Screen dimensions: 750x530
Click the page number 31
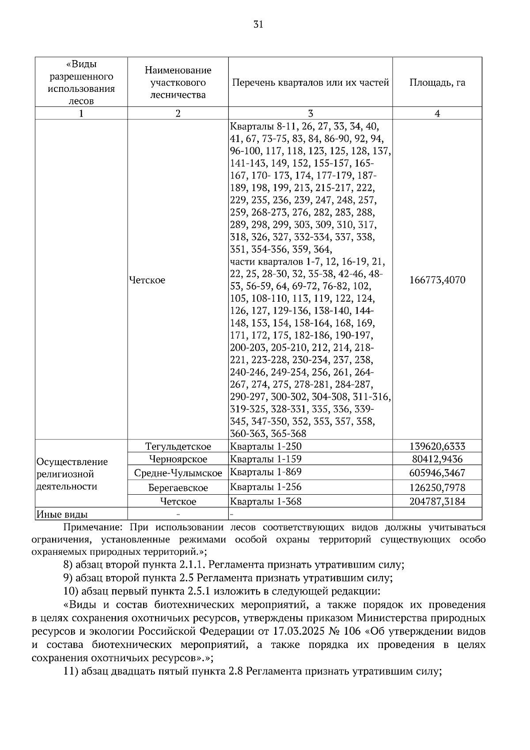(258, 25)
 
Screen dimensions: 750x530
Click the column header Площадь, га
(437, 83)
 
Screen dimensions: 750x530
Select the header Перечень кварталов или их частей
(310, 83)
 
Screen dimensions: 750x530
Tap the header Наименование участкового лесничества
(178, 83)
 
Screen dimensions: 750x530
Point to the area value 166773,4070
(437, 280)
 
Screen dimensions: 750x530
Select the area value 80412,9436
(437, 459)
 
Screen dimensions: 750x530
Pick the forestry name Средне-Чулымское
(178, 473)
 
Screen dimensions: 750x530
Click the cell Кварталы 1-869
(265, 472)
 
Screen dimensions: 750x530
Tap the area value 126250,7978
(437, 488)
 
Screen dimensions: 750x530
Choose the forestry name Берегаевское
(178, 488)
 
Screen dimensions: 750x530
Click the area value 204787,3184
(437, 501)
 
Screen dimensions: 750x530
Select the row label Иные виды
(62, 515)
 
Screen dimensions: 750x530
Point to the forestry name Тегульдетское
(178, 447)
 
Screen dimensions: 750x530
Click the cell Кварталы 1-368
(265, 501)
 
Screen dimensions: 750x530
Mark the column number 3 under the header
(310, 114)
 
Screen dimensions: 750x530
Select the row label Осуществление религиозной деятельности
(72, 474)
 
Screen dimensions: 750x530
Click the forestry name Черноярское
(178, 459)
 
